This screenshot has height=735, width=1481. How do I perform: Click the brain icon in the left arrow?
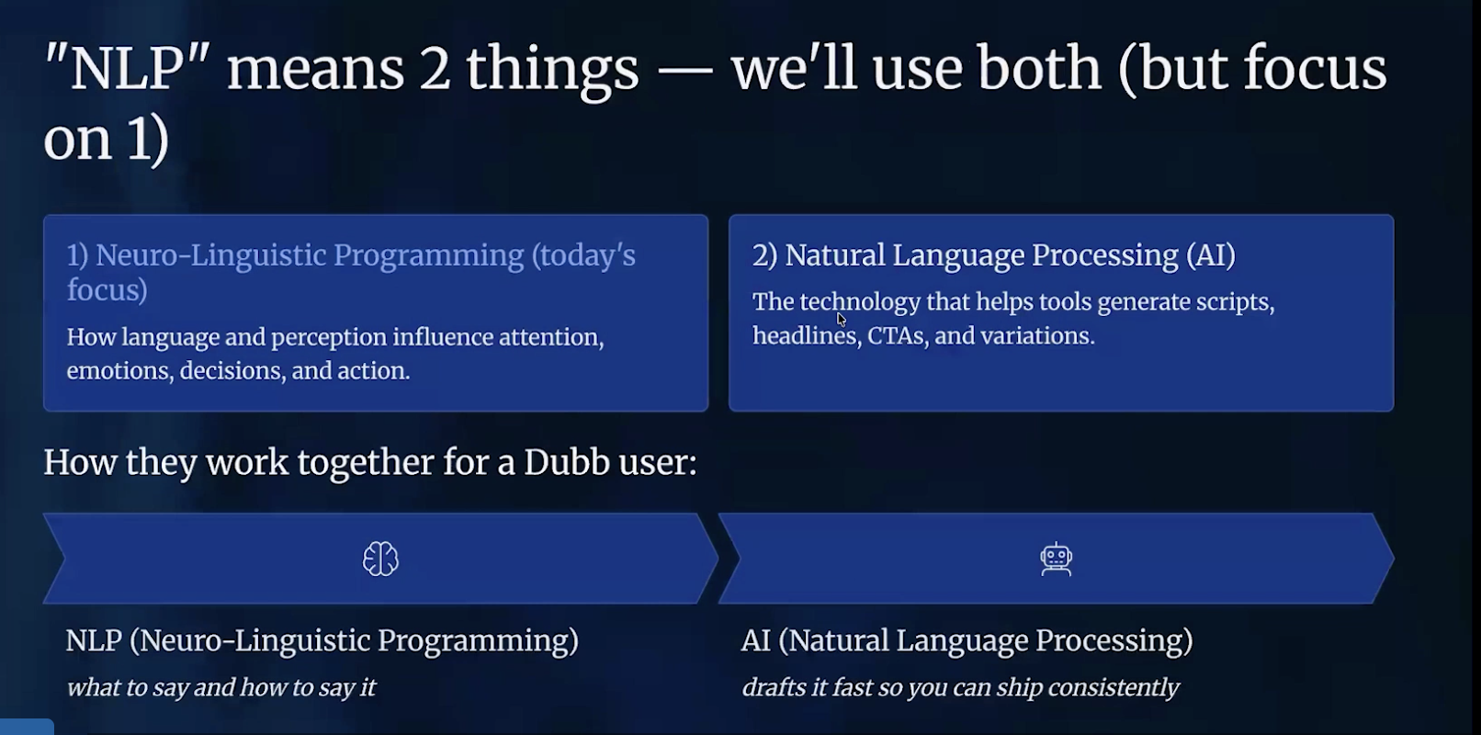(x=380, y=559)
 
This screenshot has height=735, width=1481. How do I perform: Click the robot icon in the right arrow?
(x=1057, y=559)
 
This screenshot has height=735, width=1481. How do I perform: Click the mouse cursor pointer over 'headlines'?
(x=841, y=319)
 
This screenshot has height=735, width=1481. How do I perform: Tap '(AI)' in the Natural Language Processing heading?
(x=1210, y=255)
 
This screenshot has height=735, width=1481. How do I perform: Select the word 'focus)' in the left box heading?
(x=107, y=290)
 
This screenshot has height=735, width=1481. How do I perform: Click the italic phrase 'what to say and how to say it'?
(x=220, y=688)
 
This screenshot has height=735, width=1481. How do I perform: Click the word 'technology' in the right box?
(x=859, y=302)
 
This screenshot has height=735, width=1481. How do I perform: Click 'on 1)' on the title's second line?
(x=106, y=140)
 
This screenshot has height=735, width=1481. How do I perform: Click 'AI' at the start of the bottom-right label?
(x=755, y=640)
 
